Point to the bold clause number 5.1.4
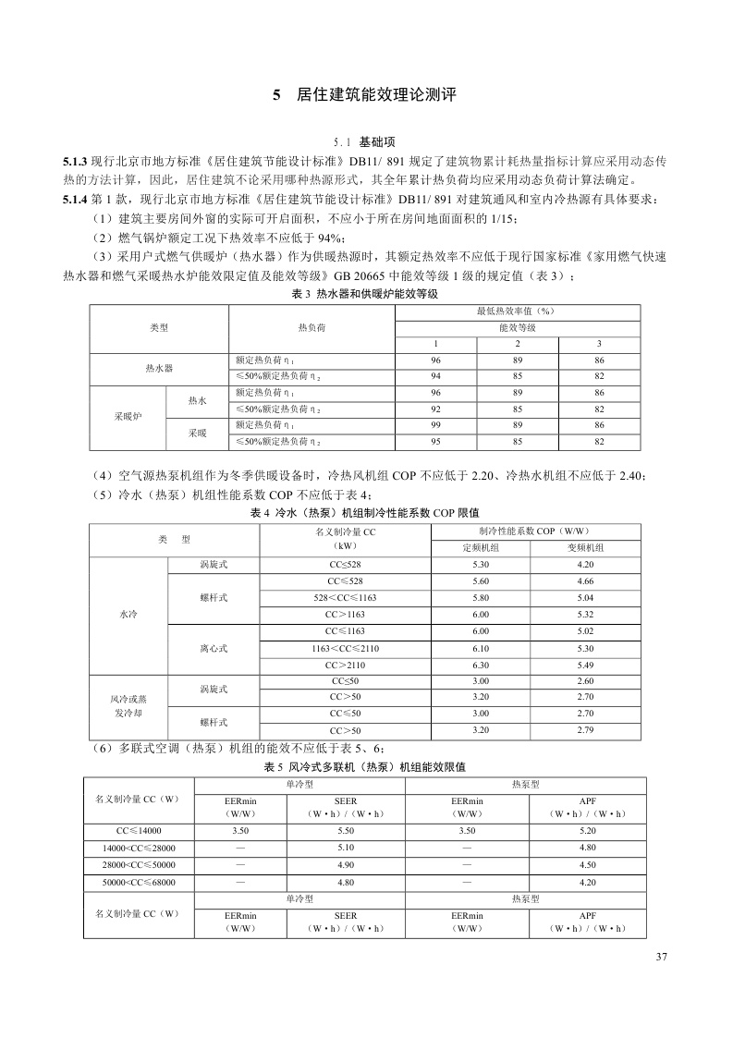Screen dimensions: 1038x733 (x=75, y=200)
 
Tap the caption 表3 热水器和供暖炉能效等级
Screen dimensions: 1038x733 (x=365, y=293)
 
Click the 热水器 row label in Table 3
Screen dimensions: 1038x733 (x=159, y=368)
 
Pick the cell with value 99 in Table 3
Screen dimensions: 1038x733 (x=435, y=424)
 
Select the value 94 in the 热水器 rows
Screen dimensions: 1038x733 (x=435, y=376)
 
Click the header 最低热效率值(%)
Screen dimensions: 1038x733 (x=517, y=311)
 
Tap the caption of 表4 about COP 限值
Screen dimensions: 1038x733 (x=365, y=512)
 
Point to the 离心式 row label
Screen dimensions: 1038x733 (x=214, y=647)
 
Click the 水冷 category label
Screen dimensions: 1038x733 (x=128, y=614)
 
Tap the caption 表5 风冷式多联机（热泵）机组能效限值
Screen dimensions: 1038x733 (x=365, y=767)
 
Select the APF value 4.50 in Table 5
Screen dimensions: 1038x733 (x=587, y=865)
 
